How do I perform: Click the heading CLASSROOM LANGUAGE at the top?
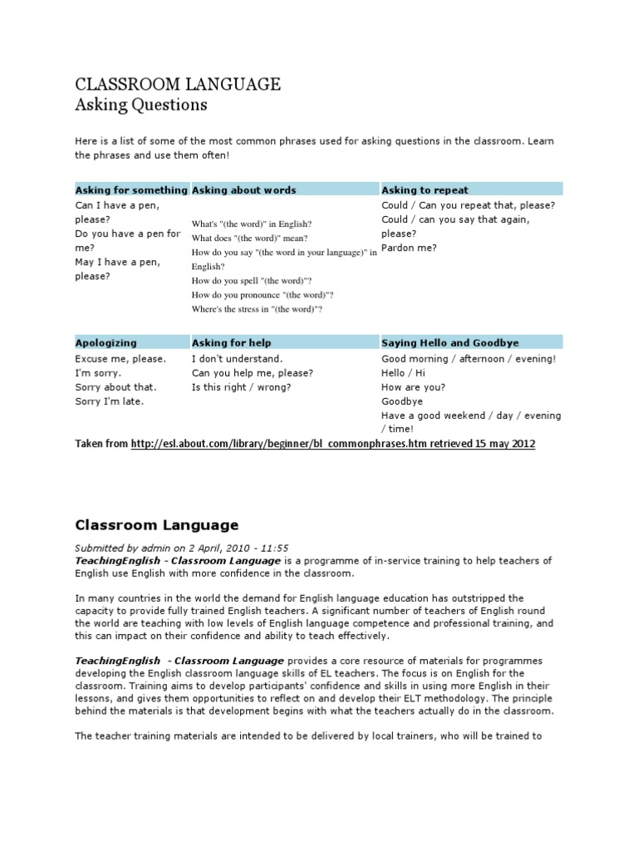pos(178,84)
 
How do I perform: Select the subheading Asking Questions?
pos(141,105)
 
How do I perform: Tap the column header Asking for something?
pos(131,189)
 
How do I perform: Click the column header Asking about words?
pos(244,189)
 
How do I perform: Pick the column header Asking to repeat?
pos(425,189)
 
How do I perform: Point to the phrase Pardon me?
pos(409,248)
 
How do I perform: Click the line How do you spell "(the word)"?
pos(252,281)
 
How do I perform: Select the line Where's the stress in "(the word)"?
pos(257,309)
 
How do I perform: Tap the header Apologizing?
pos(106,342)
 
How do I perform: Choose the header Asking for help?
pos(232,342)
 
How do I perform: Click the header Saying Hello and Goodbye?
pos(449,342)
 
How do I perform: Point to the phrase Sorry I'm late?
pos(110,401)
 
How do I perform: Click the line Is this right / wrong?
pos(242,387)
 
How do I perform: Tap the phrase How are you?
pos(413,387)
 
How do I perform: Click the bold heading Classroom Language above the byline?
pos(157,525)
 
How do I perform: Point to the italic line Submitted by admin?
pos(182,548)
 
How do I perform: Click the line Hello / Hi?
pos(403,373)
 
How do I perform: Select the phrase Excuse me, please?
pos(120,359)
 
